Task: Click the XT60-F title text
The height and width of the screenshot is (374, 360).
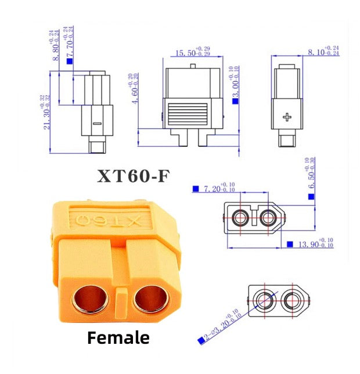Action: (134, 176)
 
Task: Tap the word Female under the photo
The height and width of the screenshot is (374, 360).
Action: (118, 337)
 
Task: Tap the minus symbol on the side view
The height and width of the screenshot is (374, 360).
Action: (97, 123)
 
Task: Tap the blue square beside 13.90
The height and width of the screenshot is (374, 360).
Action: (290, 244)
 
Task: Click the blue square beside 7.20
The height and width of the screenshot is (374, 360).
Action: (195, 189)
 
